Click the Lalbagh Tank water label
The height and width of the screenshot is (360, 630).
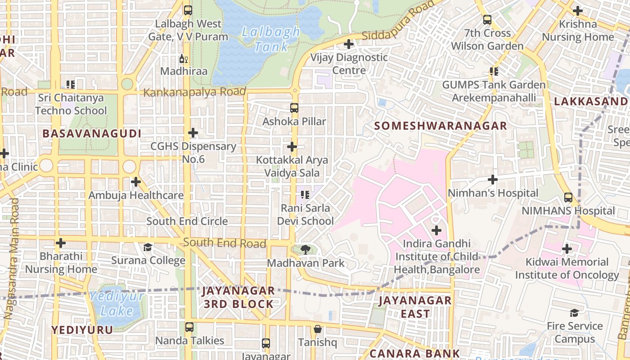[x=270, y=39]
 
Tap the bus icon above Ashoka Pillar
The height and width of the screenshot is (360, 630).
[x=294, y=108]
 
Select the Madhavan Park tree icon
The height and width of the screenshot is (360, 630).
[x=306, y=249]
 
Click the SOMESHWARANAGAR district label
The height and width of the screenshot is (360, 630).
[x=441, y=126]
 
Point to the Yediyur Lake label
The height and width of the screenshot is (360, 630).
[x=117, y=303]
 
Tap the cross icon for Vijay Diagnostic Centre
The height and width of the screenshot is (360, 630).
[x=348, y=44]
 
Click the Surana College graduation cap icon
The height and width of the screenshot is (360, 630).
[x=148, y=247]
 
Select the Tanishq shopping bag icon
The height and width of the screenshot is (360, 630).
[x=318, y=329]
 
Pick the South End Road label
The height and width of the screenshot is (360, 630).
[x=225, y=243]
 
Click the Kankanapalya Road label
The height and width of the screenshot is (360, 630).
[x=194, y=92]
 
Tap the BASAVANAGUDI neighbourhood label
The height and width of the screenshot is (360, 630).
[x=92, y=134]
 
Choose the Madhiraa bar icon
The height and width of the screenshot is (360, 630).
[x=184, y=58]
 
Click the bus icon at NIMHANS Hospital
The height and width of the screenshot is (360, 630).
[x=568, y=197]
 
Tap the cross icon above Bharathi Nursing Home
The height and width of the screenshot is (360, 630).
[x=61, y=243]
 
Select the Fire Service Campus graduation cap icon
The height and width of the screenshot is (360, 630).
[x=574, y=313]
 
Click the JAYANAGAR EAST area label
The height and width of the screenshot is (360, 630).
[x=415, y=307]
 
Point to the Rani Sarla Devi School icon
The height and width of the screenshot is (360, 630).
[x=305, y=195]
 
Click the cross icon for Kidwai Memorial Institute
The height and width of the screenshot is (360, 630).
[x=567, y=248]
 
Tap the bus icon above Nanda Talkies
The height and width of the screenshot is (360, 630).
[x=189, y=327]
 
